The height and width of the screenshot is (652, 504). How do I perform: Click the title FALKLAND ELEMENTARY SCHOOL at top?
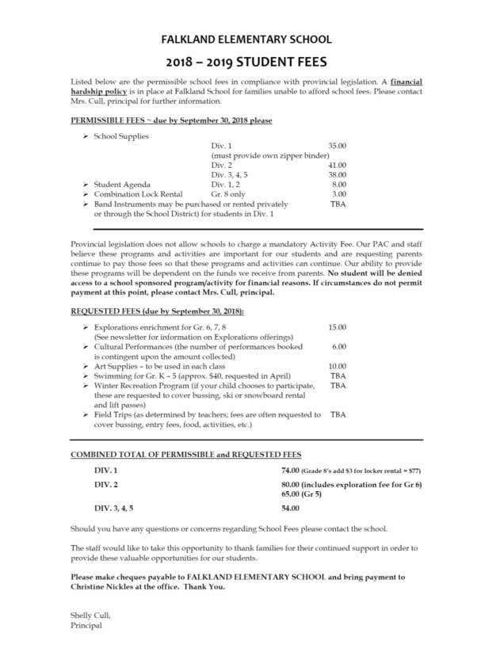click(251, 39)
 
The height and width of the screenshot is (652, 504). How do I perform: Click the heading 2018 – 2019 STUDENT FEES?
click(251, 60)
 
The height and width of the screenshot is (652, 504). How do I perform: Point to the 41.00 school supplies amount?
click(337, 165)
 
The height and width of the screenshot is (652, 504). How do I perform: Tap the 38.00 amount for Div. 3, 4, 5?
click(337, 174)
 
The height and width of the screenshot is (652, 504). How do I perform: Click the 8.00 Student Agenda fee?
click(338, 184)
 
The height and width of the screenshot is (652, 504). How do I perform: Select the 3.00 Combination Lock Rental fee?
click(338, 193)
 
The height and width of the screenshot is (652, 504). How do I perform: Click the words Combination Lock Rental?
click(138, 193)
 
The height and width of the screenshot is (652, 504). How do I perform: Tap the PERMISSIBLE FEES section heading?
click(171, 120)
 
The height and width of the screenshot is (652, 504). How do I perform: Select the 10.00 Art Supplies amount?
click(337, 366)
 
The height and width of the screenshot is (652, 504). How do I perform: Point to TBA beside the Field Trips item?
click(338, 414)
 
